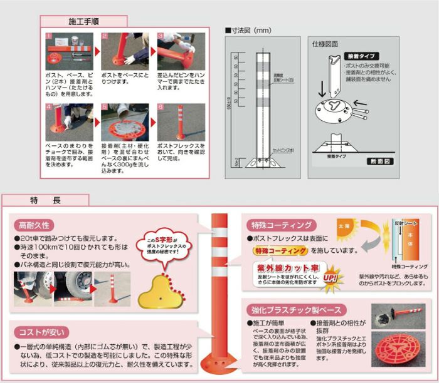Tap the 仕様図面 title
pyautogui.click(x=324, y=44)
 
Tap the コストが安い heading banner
pyautogui.click(x=44, y=331)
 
